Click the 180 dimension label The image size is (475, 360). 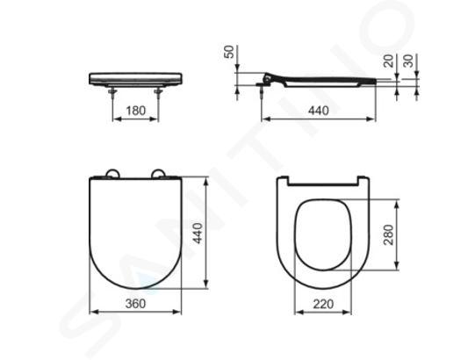pos(135,111)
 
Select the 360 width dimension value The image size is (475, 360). pos(135,303)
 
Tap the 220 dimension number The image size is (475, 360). pos(323,304)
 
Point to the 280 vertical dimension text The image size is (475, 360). pos(388,234)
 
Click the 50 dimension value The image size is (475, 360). pos(230,52)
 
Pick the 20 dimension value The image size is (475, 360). pos(389,61)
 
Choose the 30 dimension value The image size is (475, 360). pos(408,61)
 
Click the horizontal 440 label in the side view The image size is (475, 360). pos(319,111)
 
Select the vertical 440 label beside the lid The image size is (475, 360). pos(198,233)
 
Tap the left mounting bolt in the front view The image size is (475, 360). pos(113,92)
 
